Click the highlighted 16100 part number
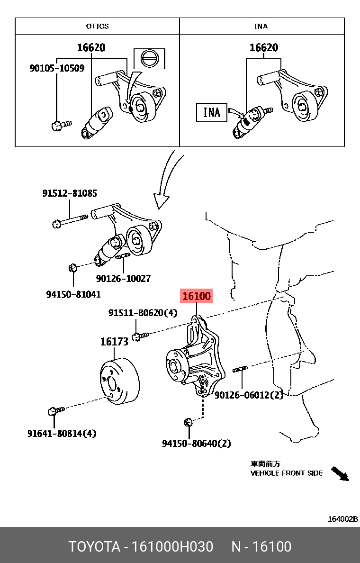[x=196, y=296]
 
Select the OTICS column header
[x=97, y=26]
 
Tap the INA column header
[x=261, y=26]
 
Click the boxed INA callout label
[x=211, y=112]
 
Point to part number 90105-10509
[x=57, y=68]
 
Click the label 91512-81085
[x=70, y=193]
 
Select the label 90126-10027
[x=123, y=279]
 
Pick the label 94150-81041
[x=73, y=294]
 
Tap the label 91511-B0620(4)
[x=143, y=313]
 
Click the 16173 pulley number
[x=114, y=342]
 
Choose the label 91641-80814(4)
[x=62, y=433]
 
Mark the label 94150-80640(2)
[x=197, y=444]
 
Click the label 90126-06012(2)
[x=248, y=395]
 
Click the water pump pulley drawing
[x=121, y=381]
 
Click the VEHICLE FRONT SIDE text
[x=286, y=473]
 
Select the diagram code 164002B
[x=343, y=519]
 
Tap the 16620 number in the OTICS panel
[x=91, y=48]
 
